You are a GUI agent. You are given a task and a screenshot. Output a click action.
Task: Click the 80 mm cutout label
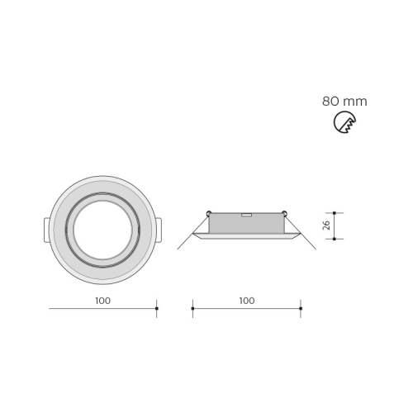344,102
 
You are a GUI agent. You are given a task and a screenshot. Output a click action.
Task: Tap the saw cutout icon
344,122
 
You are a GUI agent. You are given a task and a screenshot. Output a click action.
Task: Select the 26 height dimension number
326,225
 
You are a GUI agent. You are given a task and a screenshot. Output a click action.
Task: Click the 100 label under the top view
103,301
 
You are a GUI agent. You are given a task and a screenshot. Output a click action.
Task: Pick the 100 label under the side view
247,301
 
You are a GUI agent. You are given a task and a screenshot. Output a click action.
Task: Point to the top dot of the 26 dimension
335,213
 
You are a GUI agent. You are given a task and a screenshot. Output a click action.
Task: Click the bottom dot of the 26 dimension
335,239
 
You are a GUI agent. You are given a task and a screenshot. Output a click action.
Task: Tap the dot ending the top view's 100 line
157,308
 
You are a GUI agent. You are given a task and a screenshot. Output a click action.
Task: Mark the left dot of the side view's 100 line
192,308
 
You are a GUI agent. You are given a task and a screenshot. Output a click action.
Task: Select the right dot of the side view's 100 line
301,308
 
